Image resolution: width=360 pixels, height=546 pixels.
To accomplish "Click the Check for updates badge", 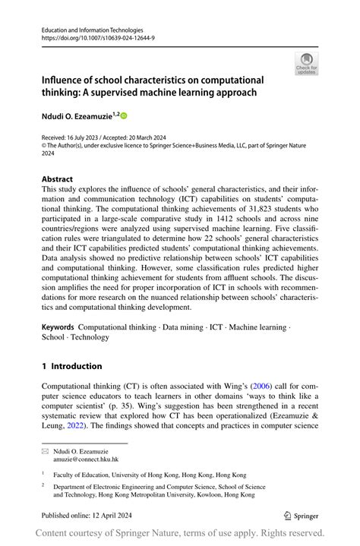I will click(306, 63).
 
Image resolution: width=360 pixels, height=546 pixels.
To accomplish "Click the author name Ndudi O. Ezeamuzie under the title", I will click(76, 116).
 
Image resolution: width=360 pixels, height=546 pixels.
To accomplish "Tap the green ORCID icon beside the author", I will click(123, 116).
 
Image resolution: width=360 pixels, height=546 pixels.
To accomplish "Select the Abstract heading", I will click(58, 180).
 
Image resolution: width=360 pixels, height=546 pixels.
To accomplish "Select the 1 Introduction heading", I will click(72, 366).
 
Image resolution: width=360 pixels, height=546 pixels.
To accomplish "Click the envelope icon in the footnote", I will click(46, 451).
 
